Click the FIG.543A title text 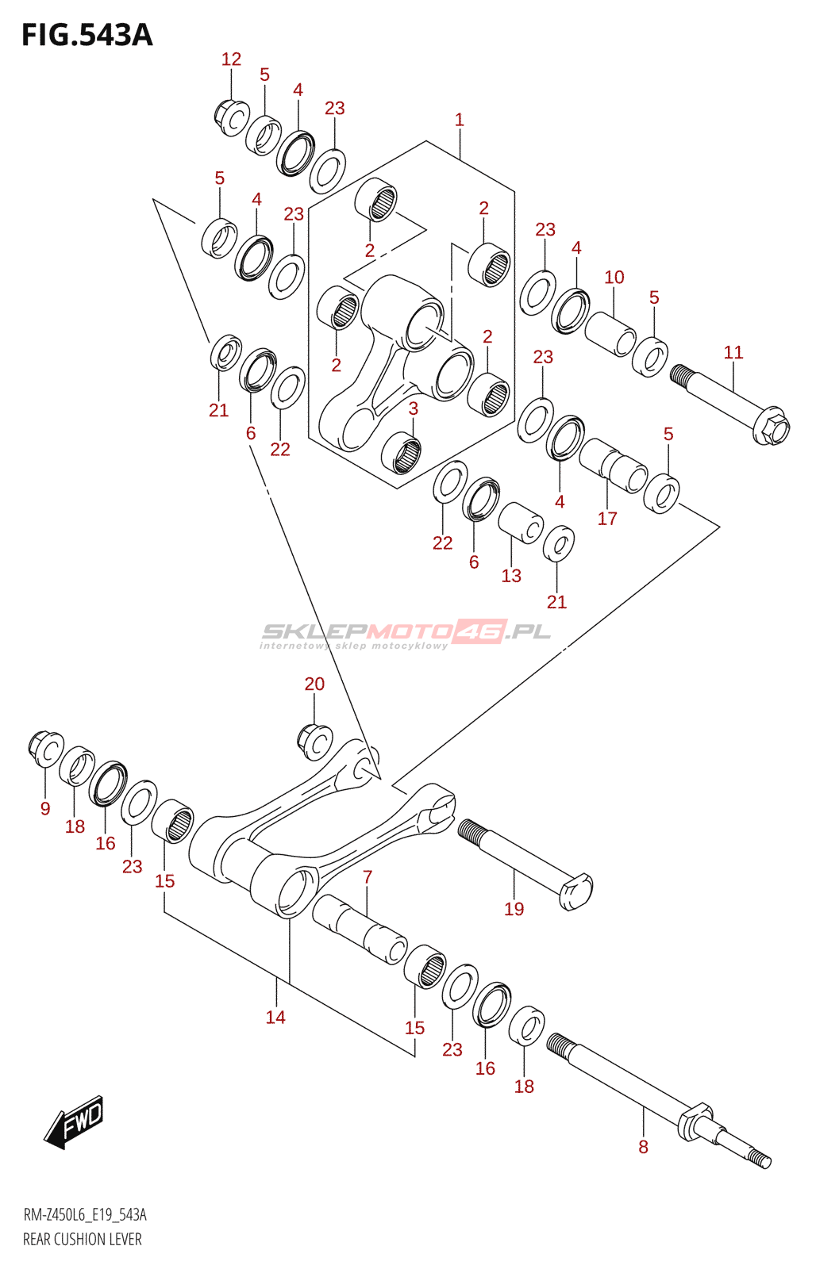87,36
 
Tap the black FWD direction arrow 74,1122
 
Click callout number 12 231,59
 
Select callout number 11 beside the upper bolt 733,352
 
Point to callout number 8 643,1147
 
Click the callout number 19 514,909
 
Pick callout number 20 314,684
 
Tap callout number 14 275,1017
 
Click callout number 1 459,120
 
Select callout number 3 413,408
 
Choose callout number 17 606,519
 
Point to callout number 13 511,576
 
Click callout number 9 45,808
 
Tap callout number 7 368,877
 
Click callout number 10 614,277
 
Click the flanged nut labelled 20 314,741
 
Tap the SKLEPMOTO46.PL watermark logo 406,633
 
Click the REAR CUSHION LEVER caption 83,1240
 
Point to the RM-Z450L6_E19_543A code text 85,1215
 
